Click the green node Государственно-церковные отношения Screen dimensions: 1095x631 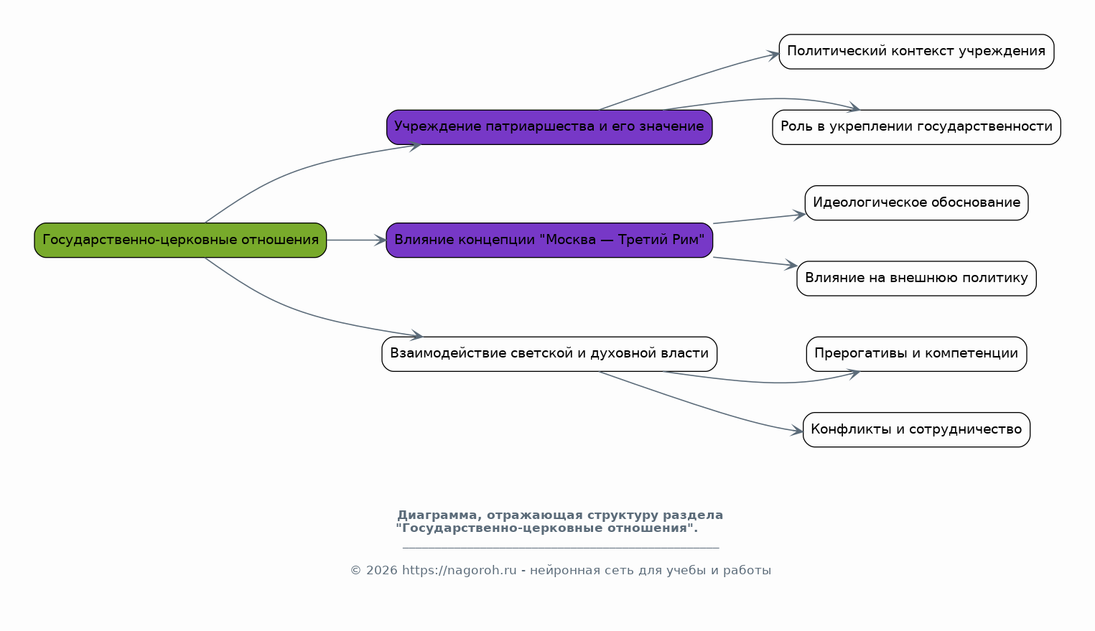pyautogui.click(x=180, y=240)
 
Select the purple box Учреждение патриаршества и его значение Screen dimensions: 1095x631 pyautogui.click(x=549, y=127)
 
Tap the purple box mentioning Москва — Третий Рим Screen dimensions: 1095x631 pyautogui.click(x=549, y=240)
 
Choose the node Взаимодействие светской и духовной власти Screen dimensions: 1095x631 pyautogui.click(x=549, y=354)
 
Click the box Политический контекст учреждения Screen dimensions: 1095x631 pyautogui.click(x=917, y=51)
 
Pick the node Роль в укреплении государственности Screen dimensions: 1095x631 pyautogui.click(x=917, y=127)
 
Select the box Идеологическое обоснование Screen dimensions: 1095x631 pyautogui.click(x=917, y=203)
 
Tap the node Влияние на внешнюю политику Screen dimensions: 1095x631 pyautogui.click(x=917, y=278)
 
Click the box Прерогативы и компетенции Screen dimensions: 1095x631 pyautogui.click(x=917, y=354)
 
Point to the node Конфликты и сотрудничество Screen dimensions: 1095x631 pyautogui.click(x=917, y=429)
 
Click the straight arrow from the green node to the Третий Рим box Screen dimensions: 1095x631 pyautogui.click(x=356, y=240)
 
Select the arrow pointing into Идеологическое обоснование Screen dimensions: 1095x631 pyautogui.click(x=759, y=218)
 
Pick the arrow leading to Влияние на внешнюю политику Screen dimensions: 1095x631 pyautogui.click(x=755, y=261)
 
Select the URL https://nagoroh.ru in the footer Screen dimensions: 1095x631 pyautogui.click(x=459, y=571)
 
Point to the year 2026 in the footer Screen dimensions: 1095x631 pyautogui.click(x=381, y=571)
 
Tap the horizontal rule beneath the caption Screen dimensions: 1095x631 pyautogui.click(x=561, y=548)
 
